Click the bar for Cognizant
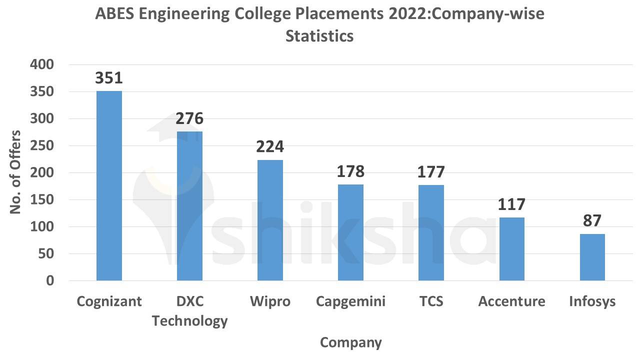[109, 185]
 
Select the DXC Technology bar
[189, 206]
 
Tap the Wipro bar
[270, 220]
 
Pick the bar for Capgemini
[350, 232]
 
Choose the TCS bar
[431, 232]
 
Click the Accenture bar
[511, 249]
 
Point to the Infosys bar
[592, 257]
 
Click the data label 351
[109, 78]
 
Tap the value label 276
[189, 118]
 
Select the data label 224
[270, 147]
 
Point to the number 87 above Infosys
[592, 220]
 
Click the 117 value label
[511, 204]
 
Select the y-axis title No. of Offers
[16, 172]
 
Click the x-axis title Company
[350, 342]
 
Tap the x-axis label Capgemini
[350, 301]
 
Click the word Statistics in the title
[319, 36]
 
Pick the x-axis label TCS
[431, 301]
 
